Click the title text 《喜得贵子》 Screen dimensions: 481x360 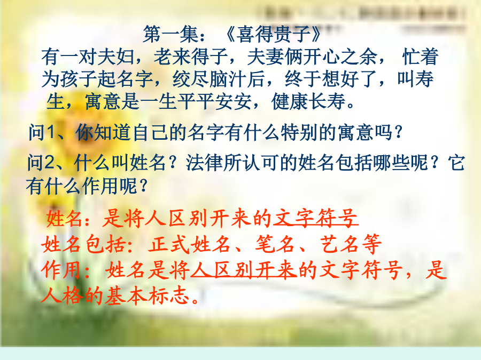273,34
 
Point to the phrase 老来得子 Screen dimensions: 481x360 190,57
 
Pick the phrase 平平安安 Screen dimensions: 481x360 214,101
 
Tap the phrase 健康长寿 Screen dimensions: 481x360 308,101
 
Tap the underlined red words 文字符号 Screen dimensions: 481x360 315,218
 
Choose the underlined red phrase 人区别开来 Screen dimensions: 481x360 244,270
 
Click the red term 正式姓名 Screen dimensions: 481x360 189,244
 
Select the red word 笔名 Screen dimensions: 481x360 275,244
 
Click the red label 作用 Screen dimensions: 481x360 61,270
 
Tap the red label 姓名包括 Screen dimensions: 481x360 83,244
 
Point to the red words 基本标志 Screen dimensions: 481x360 148,295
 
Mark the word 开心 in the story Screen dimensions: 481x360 322,57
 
